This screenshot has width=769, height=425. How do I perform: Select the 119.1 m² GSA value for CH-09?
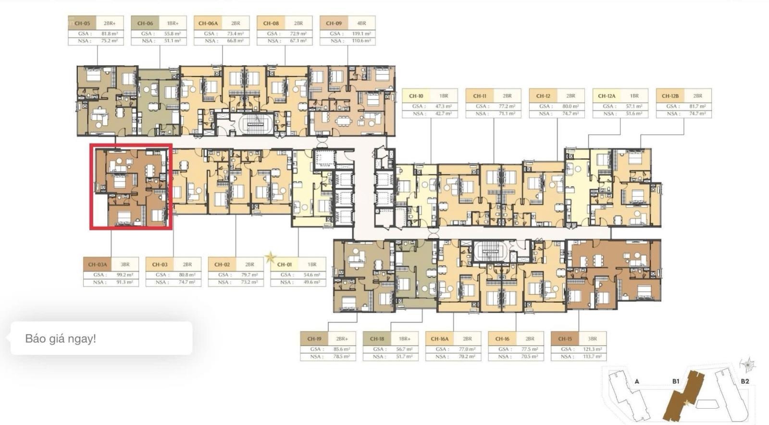[x=360, y=34]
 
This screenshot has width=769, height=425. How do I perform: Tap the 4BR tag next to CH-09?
[x=361, y=23]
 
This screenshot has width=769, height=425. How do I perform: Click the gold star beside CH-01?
[x=271, y=258]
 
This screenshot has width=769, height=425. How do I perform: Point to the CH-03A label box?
[x=97, y=264]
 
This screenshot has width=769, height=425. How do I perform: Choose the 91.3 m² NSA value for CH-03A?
[x=124, y=282]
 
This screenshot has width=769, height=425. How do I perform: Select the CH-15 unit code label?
[x=565, y=339]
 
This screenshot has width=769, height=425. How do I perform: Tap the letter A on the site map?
[x=636, y=382]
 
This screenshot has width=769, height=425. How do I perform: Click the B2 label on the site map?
[x=744, y=381]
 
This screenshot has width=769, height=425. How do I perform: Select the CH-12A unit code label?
[x=607, y=96]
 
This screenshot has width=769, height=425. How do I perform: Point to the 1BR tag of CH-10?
[x=444, y=96]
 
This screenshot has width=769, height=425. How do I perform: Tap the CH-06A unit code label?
[x=208, y=23]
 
